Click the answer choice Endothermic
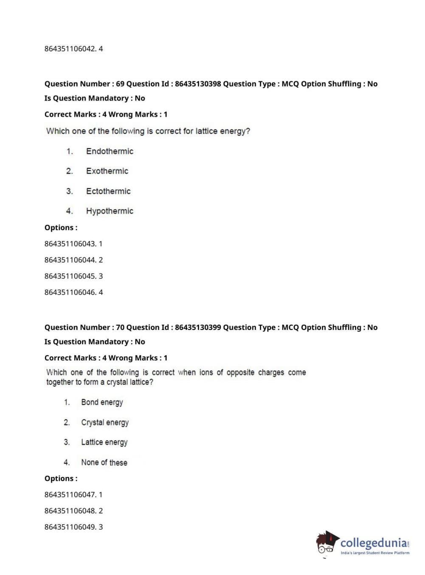[x=110, y=151]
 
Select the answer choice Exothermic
[x=107, y=171]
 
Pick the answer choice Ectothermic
[x=108, y=191]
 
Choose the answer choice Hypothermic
[x=110, y=211]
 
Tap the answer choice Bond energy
[x=102, y=402]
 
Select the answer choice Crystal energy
[x=105, y=422]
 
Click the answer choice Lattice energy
[x=104, y=442]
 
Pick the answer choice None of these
[x=104, y=463]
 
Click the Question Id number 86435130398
[x=198, y=84]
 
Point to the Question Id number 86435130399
[x=198, y=327]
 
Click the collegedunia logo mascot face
[x=326, y=544]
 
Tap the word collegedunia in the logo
[x=374, y=543]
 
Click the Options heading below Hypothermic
[x=61, y=228]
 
